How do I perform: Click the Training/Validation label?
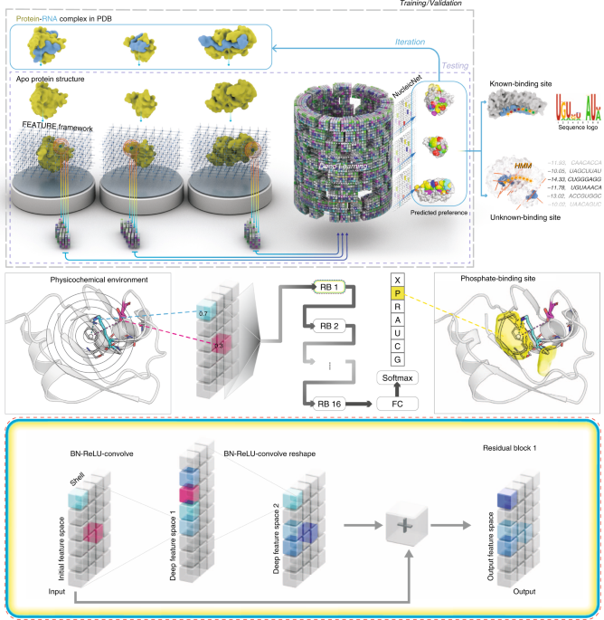551,5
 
